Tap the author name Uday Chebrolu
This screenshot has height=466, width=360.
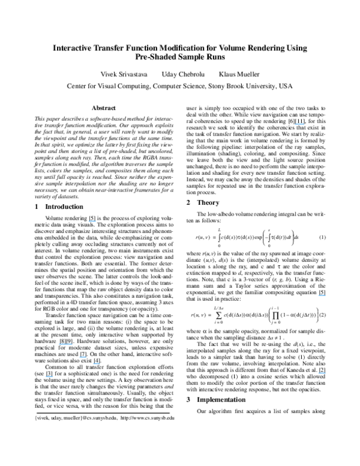tap(180, 74)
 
